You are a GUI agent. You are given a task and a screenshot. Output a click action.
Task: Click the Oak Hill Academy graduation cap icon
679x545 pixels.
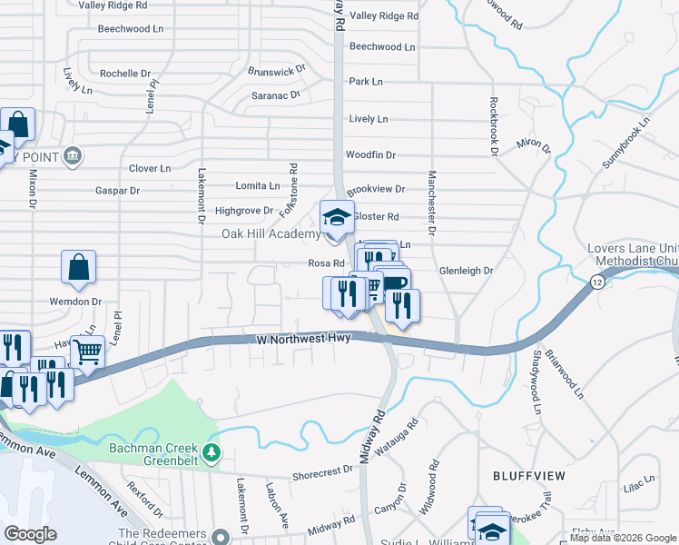point(336,218)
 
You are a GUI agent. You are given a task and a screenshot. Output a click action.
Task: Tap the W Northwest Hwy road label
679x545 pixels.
point(303,339)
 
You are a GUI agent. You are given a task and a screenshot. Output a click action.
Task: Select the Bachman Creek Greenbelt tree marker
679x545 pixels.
point(212,451)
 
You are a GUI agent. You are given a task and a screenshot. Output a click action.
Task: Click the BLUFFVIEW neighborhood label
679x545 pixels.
point(528,476)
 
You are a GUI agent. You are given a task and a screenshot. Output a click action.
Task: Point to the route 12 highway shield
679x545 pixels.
point(595,283)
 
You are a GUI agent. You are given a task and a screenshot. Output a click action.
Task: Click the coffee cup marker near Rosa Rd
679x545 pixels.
point(394,283)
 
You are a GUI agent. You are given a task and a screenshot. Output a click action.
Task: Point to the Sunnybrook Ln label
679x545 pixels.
point(627,143)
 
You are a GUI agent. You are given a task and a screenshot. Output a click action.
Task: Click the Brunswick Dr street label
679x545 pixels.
point(277,71)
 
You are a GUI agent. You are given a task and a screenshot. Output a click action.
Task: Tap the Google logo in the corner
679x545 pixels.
point(30,534)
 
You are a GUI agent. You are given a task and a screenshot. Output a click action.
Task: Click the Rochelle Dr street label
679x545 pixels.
point(125,74)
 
